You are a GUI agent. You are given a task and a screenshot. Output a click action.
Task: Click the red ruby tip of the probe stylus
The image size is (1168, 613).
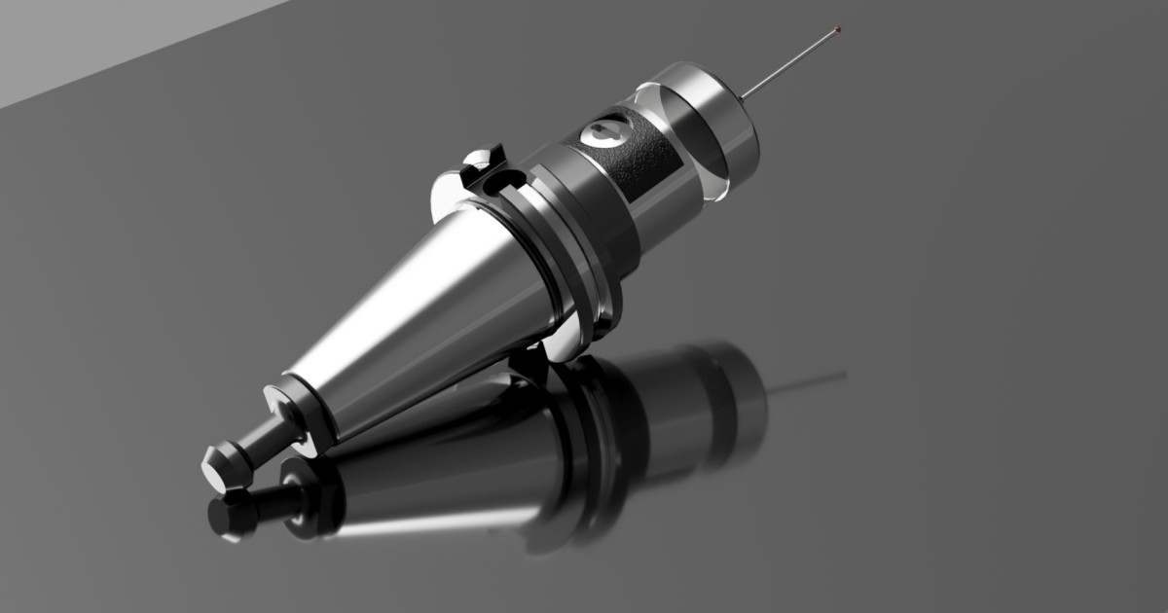pos(838,29)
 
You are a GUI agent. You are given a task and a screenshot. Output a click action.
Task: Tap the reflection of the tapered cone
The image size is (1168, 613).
pos(438,487)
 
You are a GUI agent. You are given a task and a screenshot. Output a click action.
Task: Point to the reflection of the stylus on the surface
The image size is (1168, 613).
pos(808,379)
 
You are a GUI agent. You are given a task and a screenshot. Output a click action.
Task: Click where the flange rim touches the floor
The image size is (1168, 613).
pos(565,355)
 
